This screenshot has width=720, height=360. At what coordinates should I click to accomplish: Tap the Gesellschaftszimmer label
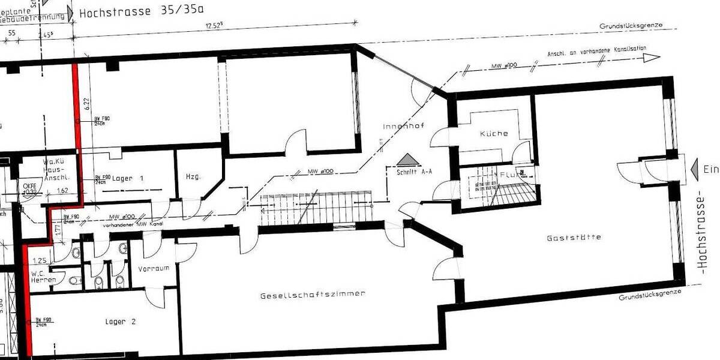313,295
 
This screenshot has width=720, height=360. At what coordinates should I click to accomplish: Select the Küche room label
494,134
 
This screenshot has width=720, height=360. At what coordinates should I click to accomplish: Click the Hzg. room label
193,176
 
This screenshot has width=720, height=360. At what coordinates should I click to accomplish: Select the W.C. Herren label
44,277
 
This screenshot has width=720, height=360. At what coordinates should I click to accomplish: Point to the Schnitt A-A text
414,171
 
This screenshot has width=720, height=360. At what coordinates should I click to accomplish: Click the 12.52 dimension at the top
214,25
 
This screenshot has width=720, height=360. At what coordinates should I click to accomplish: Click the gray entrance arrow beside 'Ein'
696,169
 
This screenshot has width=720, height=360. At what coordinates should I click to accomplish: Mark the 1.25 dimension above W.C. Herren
40,260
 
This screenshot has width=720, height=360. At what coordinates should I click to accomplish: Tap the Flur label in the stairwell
508,175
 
